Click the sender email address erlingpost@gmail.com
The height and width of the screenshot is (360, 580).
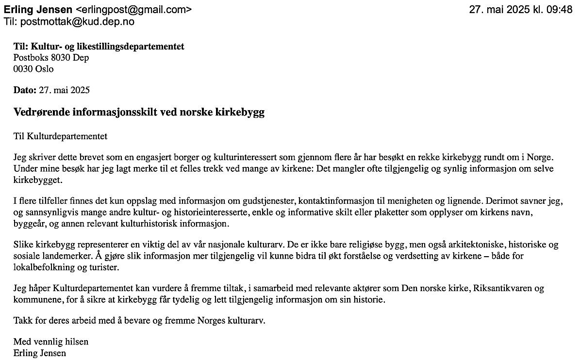pos(133,10)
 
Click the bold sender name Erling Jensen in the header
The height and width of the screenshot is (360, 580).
pos(38,10)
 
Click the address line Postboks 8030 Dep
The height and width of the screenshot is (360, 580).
pos(51,58)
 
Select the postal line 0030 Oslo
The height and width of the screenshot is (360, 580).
pos(33,69)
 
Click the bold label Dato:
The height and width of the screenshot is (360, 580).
pos(25,90)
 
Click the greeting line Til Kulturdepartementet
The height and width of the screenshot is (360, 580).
pos(60,136)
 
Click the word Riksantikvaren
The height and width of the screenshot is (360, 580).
pos(499,289)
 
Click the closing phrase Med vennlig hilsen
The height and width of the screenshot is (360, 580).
pos(51,342)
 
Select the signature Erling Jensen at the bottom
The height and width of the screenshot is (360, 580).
pos(39,353)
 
